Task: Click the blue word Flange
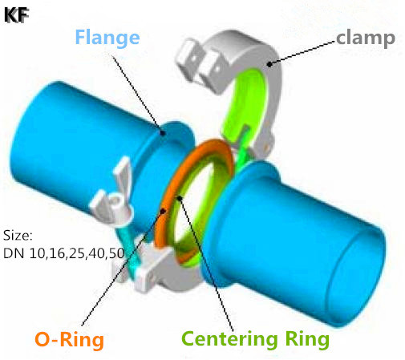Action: coord(107,38)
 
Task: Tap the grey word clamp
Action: coord(366,38)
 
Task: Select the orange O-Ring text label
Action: coord(69,340)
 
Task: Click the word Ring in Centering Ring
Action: coord(307,339)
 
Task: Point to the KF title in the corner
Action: coord(16,15)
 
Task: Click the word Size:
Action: coord(18,236)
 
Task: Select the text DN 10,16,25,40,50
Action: coord(63,253)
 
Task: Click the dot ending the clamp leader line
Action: coord(269,64)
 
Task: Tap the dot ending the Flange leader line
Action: coord(162,132)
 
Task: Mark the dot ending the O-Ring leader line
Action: coord(164,211)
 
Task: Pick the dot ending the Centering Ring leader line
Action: coord(180,198)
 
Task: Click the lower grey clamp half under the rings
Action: coord(158,270)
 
